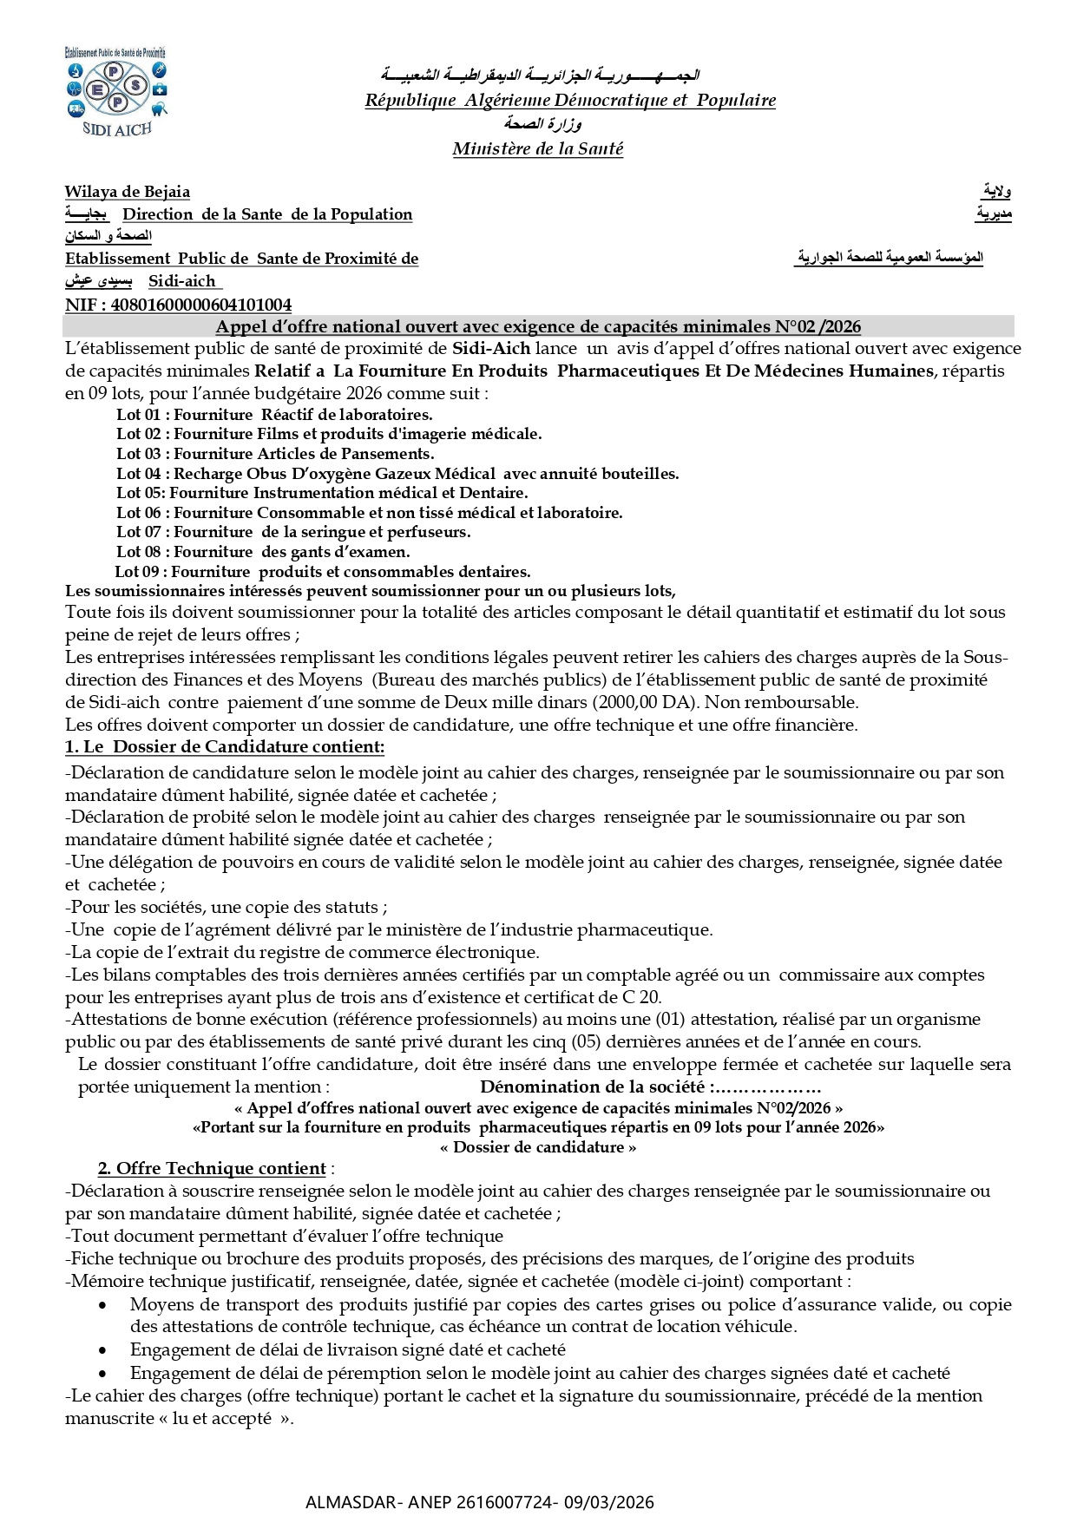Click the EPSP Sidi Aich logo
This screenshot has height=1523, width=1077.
(115, 90)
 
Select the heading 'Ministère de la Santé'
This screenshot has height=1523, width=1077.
(537, 149)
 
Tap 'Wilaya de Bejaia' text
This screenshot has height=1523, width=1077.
(127, 192)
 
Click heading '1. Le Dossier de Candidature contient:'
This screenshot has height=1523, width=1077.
(225, 746)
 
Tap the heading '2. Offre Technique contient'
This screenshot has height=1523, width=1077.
(212, 1169)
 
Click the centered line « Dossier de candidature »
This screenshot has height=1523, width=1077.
(538, 1147)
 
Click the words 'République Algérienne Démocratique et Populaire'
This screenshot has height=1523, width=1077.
(570, 101)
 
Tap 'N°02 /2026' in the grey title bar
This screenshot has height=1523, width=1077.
(818, 326)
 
